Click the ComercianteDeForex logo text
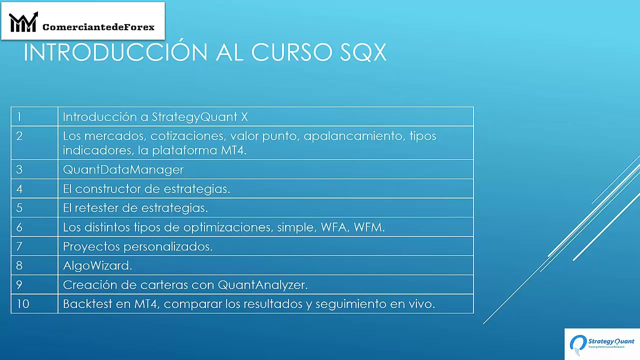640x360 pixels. tap(98, 27)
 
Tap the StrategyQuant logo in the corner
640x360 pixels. tap(602, 343)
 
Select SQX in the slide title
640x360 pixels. tap(363, 52)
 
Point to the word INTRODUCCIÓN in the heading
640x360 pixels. tap(116, 52)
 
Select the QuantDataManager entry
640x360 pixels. tap(123, 169)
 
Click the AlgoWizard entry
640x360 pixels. tap(97, 265)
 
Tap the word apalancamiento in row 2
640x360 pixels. tap(354, 136)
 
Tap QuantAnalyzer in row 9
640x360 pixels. tap(262, 284)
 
